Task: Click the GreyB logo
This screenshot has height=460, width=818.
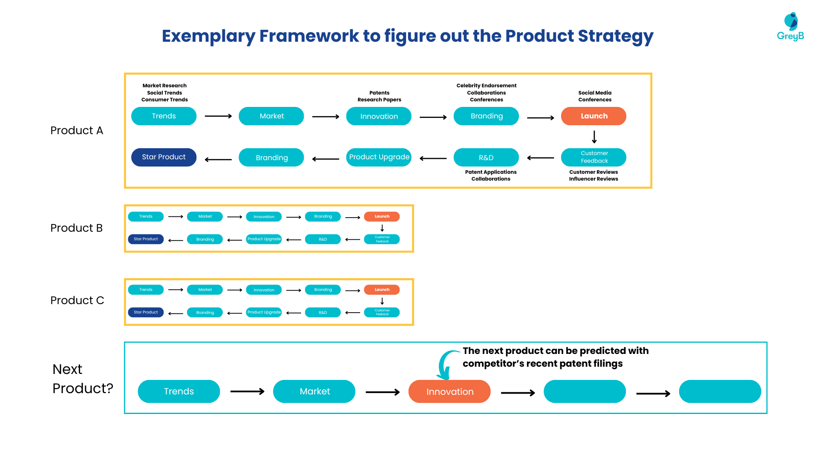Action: [x=791, y=26]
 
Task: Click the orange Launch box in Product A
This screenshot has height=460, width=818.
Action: [x=593, y=116]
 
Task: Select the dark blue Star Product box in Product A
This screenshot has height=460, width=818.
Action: [x=164, y=157]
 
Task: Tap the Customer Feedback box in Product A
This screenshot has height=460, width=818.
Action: [x=593, y=157]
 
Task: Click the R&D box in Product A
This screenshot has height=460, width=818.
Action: [x=486, y=158]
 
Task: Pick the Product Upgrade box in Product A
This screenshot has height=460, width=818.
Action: [x=379, y=157]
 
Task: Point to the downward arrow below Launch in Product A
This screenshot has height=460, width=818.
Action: [x=594, y=137]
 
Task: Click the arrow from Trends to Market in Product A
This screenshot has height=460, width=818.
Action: [x=218, y=116]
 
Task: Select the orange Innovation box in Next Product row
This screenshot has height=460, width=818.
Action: [x=449, y=391]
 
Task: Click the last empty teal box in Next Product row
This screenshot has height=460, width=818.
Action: [x=720, y=391]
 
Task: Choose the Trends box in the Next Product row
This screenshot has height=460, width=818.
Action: [x=179, y=391]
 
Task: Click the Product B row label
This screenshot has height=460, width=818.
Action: [x=77, y=228]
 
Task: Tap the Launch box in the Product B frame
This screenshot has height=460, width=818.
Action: [x=382, y=216]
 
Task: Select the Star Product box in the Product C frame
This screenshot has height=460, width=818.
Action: [x=146, y=312]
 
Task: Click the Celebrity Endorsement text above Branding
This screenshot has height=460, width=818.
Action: [x=486, y=86]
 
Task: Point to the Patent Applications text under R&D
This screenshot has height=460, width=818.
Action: [x=491, y=172]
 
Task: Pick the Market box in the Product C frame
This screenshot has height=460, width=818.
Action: [x=205, y=290]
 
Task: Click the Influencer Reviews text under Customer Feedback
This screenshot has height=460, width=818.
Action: [x=593, y=179]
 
